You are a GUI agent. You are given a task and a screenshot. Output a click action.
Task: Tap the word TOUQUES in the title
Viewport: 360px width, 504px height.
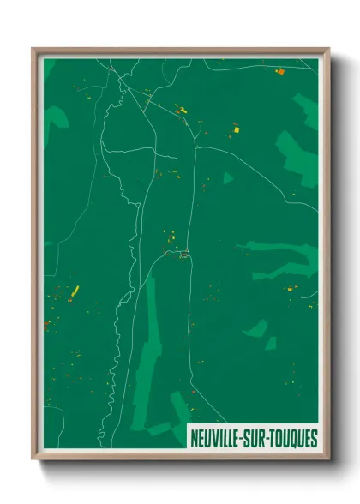coord(291,438)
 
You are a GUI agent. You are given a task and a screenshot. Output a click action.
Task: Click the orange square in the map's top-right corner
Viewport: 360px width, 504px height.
coord(279,72)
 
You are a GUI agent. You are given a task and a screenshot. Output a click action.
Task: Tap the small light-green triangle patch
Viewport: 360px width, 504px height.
coord(227,178)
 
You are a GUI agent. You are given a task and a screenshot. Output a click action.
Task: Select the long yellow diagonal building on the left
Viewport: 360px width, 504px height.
coord(75,290)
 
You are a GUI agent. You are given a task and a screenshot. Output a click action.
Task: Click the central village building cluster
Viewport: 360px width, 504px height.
coord(183,253)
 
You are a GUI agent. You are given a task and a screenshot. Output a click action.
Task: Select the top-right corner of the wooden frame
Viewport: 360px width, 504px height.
coord(328,49)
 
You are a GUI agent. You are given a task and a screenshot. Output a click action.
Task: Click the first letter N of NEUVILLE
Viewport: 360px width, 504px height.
coord(194,438)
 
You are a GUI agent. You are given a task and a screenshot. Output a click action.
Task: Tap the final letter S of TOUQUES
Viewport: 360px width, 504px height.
coord(314,438)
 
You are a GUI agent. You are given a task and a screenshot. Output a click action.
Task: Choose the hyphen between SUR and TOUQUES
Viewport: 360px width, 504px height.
coord(267,438)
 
